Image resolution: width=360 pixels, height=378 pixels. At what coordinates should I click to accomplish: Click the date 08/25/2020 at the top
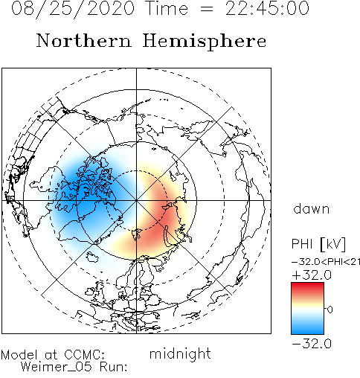[x=73, y=9]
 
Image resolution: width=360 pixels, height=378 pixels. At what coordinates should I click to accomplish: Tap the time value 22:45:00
[x=267, y=8]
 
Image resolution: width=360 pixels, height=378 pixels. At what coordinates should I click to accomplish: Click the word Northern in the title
[x=84, y=40]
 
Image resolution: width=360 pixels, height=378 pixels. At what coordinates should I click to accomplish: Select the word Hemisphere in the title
[x=205, y=41]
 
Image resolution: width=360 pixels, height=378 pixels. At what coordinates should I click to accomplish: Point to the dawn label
[x=312, y=209]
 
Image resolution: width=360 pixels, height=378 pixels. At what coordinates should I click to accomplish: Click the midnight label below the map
[x=180, y=354]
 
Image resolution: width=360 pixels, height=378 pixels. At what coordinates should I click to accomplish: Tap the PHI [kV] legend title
[x=318, y=244]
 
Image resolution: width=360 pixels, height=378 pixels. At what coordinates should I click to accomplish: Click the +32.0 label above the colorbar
[x=312, y=275]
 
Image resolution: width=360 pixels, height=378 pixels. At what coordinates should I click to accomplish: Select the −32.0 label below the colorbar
[x=312, y=344]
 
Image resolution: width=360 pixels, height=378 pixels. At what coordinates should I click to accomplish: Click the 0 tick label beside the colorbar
[x=330, y=310]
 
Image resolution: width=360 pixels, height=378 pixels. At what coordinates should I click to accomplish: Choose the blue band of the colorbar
[x=307, y=327]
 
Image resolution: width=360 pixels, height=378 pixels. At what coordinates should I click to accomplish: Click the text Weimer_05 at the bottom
[x=57, y=367]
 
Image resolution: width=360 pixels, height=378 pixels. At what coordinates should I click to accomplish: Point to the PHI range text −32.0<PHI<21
[x=326, y=262]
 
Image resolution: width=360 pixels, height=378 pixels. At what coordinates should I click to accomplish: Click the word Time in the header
[x=167, y=8]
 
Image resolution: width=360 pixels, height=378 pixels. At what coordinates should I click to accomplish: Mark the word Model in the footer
[x=19, y=355]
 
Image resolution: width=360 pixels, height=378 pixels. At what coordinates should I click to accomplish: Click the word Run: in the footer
[x=113, y=367]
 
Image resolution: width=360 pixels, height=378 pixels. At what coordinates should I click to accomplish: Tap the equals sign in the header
[x=206, y=9]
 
